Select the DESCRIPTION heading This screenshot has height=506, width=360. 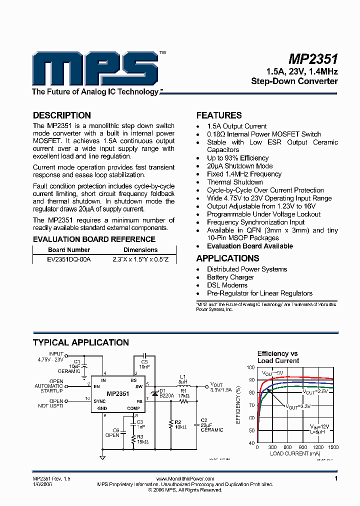coord(62,115)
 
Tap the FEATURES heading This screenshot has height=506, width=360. coord(219,115)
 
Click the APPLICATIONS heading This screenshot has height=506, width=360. coord(227,258)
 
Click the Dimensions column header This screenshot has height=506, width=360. coord(140,250)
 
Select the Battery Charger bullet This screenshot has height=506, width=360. coord(230,277)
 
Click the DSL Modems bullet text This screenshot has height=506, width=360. coord(227,285)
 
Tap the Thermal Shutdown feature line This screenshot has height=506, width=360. coord(234,182)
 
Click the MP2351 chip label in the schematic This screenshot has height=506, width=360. coord(117,394)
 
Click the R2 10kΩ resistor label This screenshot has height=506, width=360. coord(179,424)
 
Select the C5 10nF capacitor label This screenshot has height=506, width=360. coord(144,364)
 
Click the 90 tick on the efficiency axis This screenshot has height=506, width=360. coord(251,380)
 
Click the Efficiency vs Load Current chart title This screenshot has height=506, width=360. coord(278,357)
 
